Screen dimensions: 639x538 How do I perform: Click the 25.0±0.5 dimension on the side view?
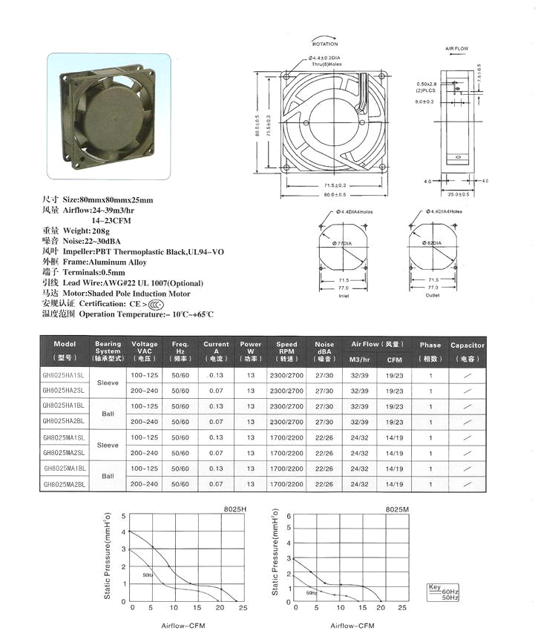pos(458,195)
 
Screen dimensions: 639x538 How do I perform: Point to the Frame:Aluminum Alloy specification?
pos(104,262)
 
